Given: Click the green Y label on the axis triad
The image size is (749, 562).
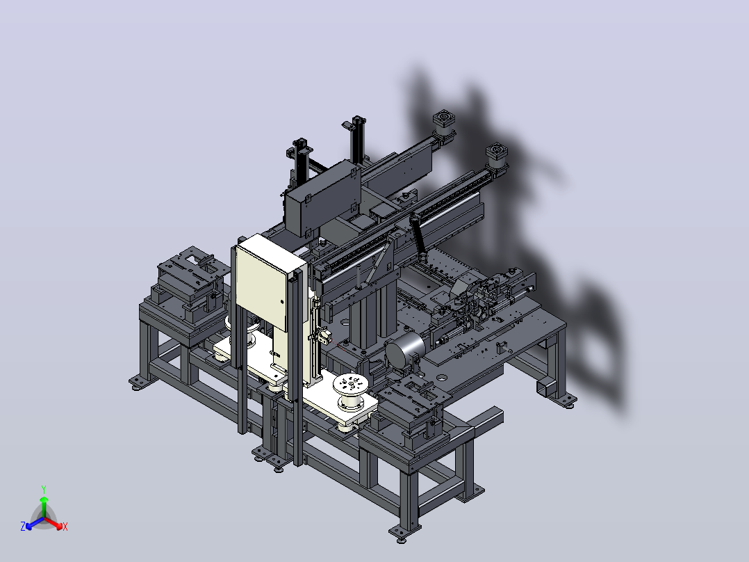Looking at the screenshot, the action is [44, 489].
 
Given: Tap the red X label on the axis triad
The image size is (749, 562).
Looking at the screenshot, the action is [65, 527].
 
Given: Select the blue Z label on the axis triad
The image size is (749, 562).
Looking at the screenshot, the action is [23, 527].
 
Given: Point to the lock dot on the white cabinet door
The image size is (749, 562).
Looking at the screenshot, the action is [281, 302].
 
